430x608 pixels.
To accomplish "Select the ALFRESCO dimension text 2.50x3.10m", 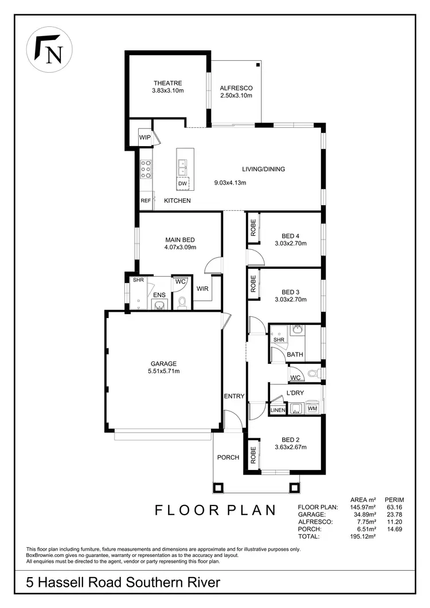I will pos(236,96).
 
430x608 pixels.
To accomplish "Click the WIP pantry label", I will pos(144,138).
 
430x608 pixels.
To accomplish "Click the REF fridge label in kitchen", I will pos(146,201).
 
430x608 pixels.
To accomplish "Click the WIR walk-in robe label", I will pos(202,289).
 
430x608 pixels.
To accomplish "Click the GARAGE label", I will pos(163,363).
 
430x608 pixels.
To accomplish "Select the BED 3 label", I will pos(291,292).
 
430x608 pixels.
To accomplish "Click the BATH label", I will pos(295,355).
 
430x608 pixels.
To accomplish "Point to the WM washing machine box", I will pos(312,409).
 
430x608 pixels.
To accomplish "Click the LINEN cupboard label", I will pos(277,410).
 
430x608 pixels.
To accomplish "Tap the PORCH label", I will pos(228,457).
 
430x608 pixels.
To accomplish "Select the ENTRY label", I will pos(234,396).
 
